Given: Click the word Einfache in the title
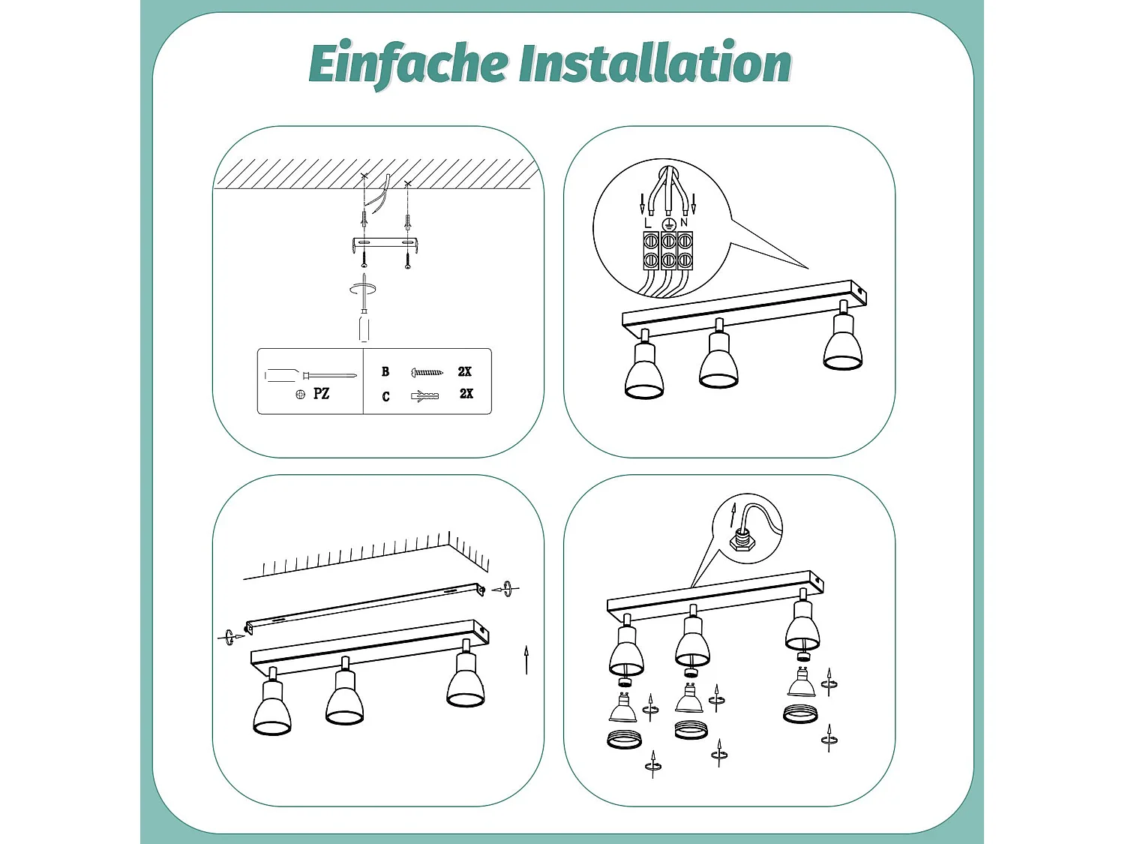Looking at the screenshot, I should (x=408, y=64).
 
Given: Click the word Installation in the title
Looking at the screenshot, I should (x=655, y=64).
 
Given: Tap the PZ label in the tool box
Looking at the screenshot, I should (x=321, y=394).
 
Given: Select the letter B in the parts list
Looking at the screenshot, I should (x=385, y=371).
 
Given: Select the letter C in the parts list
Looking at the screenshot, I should (x=385, y=396).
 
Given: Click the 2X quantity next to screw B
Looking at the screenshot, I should (x=465, y=371).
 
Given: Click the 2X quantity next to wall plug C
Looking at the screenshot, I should (x=466, y=394).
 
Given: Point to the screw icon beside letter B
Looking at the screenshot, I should (x=427, y=372).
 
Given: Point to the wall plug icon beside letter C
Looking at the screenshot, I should (x=424, y=395).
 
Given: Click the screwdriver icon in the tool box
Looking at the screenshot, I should (x=310, y=375).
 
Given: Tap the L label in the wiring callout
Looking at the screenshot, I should (x=648, y=223).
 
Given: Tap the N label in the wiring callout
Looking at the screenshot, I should (x=684, y=223).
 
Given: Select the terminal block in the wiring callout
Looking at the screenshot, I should (x=667, y=251).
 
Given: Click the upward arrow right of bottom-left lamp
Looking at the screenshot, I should (x=526, y=659).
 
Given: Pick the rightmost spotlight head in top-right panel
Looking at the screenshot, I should (x=843, y=344).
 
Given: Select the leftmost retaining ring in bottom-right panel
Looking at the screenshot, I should (x=624, y=740).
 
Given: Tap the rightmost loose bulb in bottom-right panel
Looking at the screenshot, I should (x=801, y=683).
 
